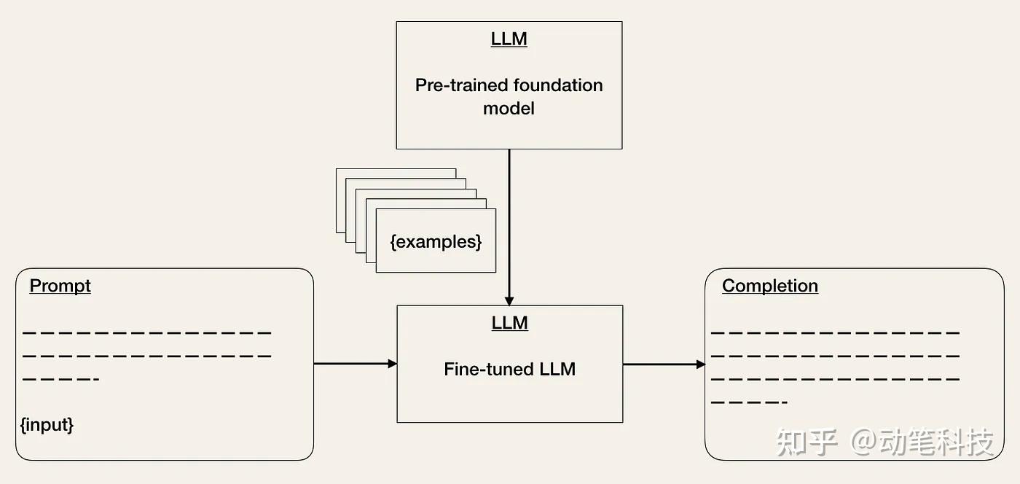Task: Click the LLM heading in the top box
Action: click(509, 39)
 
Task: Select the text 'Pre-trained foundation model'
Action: click(509, 96)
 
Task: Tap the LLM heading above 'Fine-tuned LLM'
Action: click(509, 323)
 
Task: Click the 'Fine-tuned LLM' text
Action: click(509, 370)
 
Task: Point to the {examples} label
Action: click(436, 242)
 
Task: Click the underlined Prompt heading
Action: click(60, 286)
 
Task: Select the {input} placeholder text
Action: click(47, 424)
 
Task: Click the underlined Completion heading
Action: click(769, 286)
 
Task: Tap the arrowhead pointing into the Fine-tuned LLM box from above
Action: click(509, 300)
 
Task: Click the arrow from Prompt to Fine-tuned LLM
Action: click(355, 363)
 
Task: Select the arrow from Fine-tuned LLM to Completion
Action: click(663, 364)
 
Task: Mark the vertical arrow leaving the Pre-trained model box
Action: click(509, 219)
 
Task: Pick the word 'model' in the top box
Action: click(509, 109)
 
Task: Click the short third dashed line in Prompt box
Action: click(60, 380)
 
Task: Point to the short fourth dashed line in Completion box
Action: click(749, 402)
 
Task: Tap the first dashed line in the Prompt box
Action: click(146, 333)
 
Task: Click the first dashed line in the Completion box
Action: click(835, 333)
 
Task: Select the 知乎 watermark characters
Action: click(807, 442)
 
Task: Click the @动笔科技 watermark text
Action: click(924, 442)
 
